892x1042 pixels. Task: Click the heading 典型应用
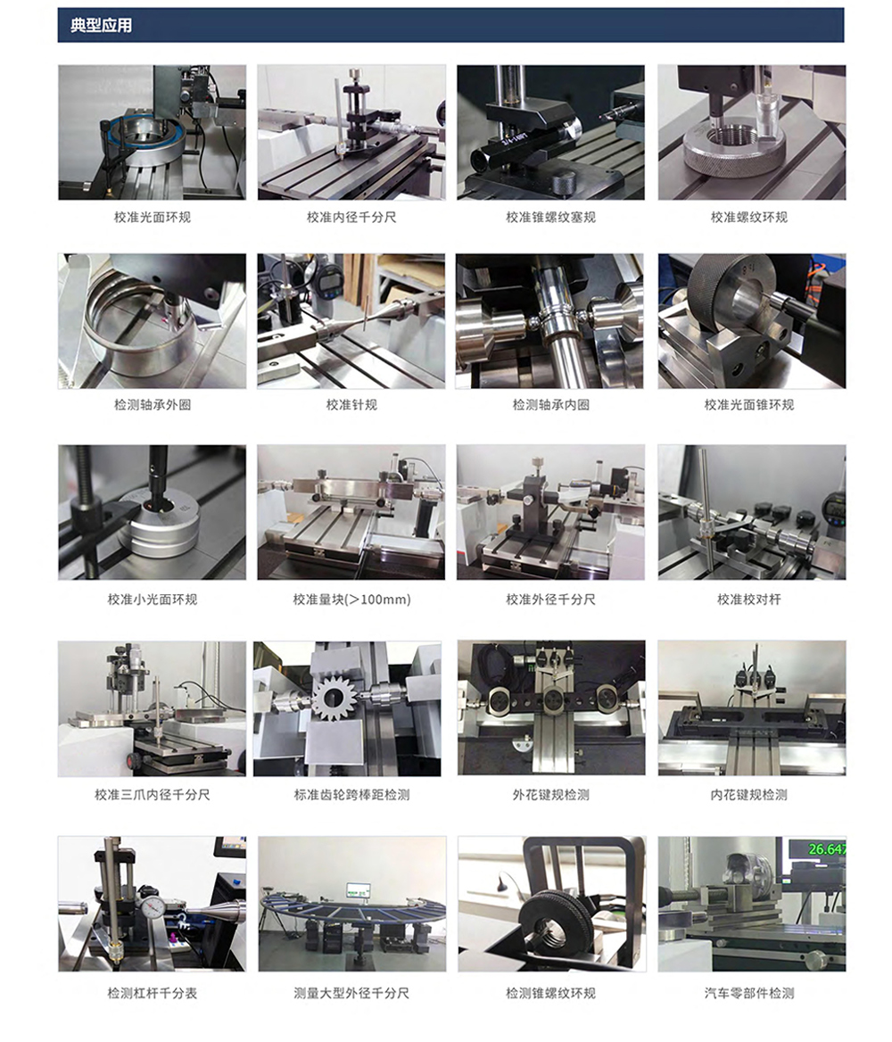coord(101,25)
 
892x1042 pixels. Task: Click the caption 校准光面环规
coord(153,218)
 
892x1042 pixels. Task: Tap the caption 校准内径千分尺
coord(351,218)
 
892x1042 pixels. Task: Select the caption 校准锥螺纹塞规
coord(550,218)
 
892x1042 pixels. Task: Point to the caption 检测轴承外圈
coord(153,405)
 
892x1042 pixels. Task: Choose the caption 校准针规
coord(351,405)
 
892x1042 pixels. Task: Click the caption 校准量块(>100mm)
coord(351,600)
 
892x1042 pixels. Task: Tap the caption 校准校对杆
coord(749,600)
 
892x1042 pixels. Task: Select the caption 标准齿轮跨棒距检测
coord(351,795)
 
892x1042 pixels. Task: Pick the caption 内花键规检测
coord(749,795)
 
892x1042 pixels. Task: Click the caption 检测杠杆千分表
coord(153,994)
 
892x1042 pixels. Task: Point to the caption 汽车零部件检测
coord(749,994)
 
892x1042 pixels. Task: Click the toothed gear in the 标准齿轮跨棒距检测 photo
coord(335,696)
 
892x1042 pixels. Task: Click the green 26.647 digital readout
coord(826,849)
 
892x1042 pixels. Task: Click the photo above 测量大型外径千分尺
coord(351,904)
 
